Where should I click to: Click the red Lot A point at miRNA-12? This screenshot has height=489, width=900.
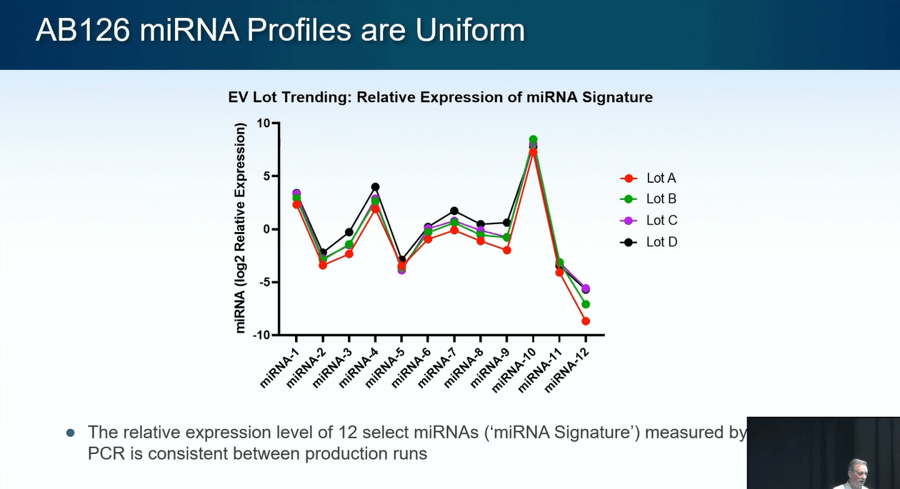click(586, 321)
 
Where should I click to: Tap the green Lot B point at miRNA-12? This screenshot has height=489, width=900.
click(586, 304)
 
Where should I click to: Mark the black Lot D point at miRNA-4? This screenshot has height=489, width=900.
click(375, 187)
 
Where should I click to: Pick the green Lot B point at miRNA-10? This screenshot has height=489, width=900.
click(533, 140)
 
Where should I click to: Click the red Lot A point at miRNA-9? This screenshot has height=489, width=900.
click(506, 250)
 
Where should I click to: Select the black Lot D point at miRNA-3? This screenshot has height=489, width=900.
click(349, 232)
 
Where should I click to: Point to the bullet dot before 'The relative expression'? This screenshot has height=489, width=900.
click(70, 433)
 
